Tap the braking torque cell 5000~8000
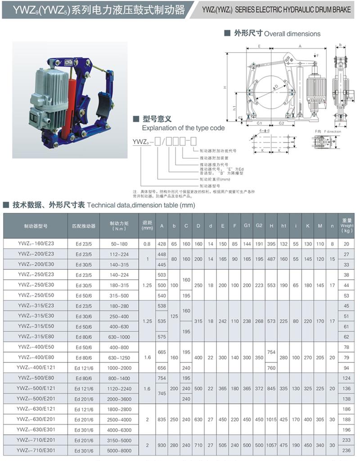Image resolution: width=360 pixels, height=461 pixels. click(119, 450)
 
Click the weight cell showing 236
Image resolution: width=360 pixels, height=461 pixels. click(346, 450)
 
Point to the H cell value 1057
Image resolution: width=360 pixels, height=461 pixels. click(271, 444)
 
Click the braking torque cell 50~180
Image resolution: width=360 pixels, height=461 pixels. click(119, 244)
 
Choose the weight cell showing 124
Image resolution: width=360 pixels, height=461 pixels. click(346, 378)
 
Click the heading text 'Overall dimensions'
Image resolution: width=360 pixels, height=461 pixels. click(292, 34)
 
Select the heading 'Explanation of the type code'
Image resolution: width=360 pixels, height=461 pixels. click(183, 128)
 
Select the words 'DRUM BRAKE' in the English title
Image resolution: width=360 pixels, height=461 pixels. click(333, 9)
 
